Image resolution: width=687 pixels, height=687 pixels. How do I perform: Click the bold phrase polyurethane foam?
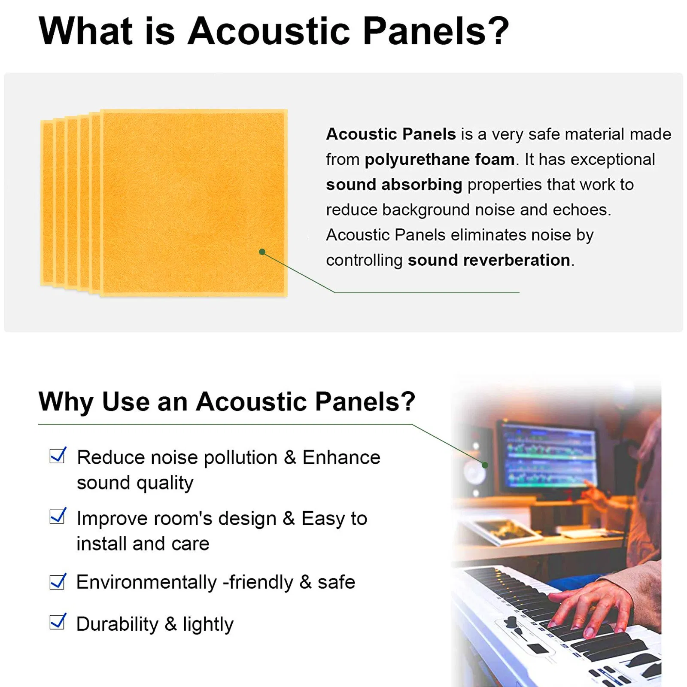coord(439,159)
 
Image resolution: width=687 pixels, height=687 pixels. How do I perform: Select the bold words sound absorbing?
coord(394,185)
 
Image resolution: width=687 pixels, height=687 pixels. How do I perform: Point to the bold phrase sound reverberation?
coord(489,260)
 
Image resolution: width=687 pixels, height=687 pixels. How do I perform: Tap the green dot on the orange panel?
coord(262,252)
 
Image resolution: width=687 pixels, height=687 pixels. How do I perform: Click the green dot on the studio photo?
coord(485,465)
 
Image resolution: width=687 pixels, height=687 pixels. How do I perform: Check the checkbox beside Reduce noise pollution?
coord(57,456)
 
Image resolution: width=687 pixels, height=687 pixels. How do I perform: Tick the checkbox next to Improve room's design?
coord(57,516)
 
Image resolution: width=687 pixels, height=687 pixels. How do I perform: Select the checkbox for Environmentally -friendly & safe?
coord(57,581)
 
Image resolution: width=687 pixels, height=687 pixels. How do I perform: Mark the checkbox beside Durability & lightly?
coord(57,622)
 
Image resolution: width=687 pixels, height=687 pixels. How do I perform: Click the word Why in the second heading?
coord(66,402)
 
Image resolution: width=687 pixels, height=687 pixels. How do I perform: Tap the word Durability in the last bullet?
coord(117,624)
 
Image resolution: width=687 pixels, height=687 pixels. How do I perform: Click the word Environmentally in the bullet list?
coord(146,582)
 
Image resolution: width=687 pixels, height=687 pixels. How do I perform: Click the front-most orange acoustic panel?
coord(193,202)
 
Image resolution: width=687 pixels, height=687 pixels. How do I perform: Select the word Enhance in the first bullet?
coord(341,457)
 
